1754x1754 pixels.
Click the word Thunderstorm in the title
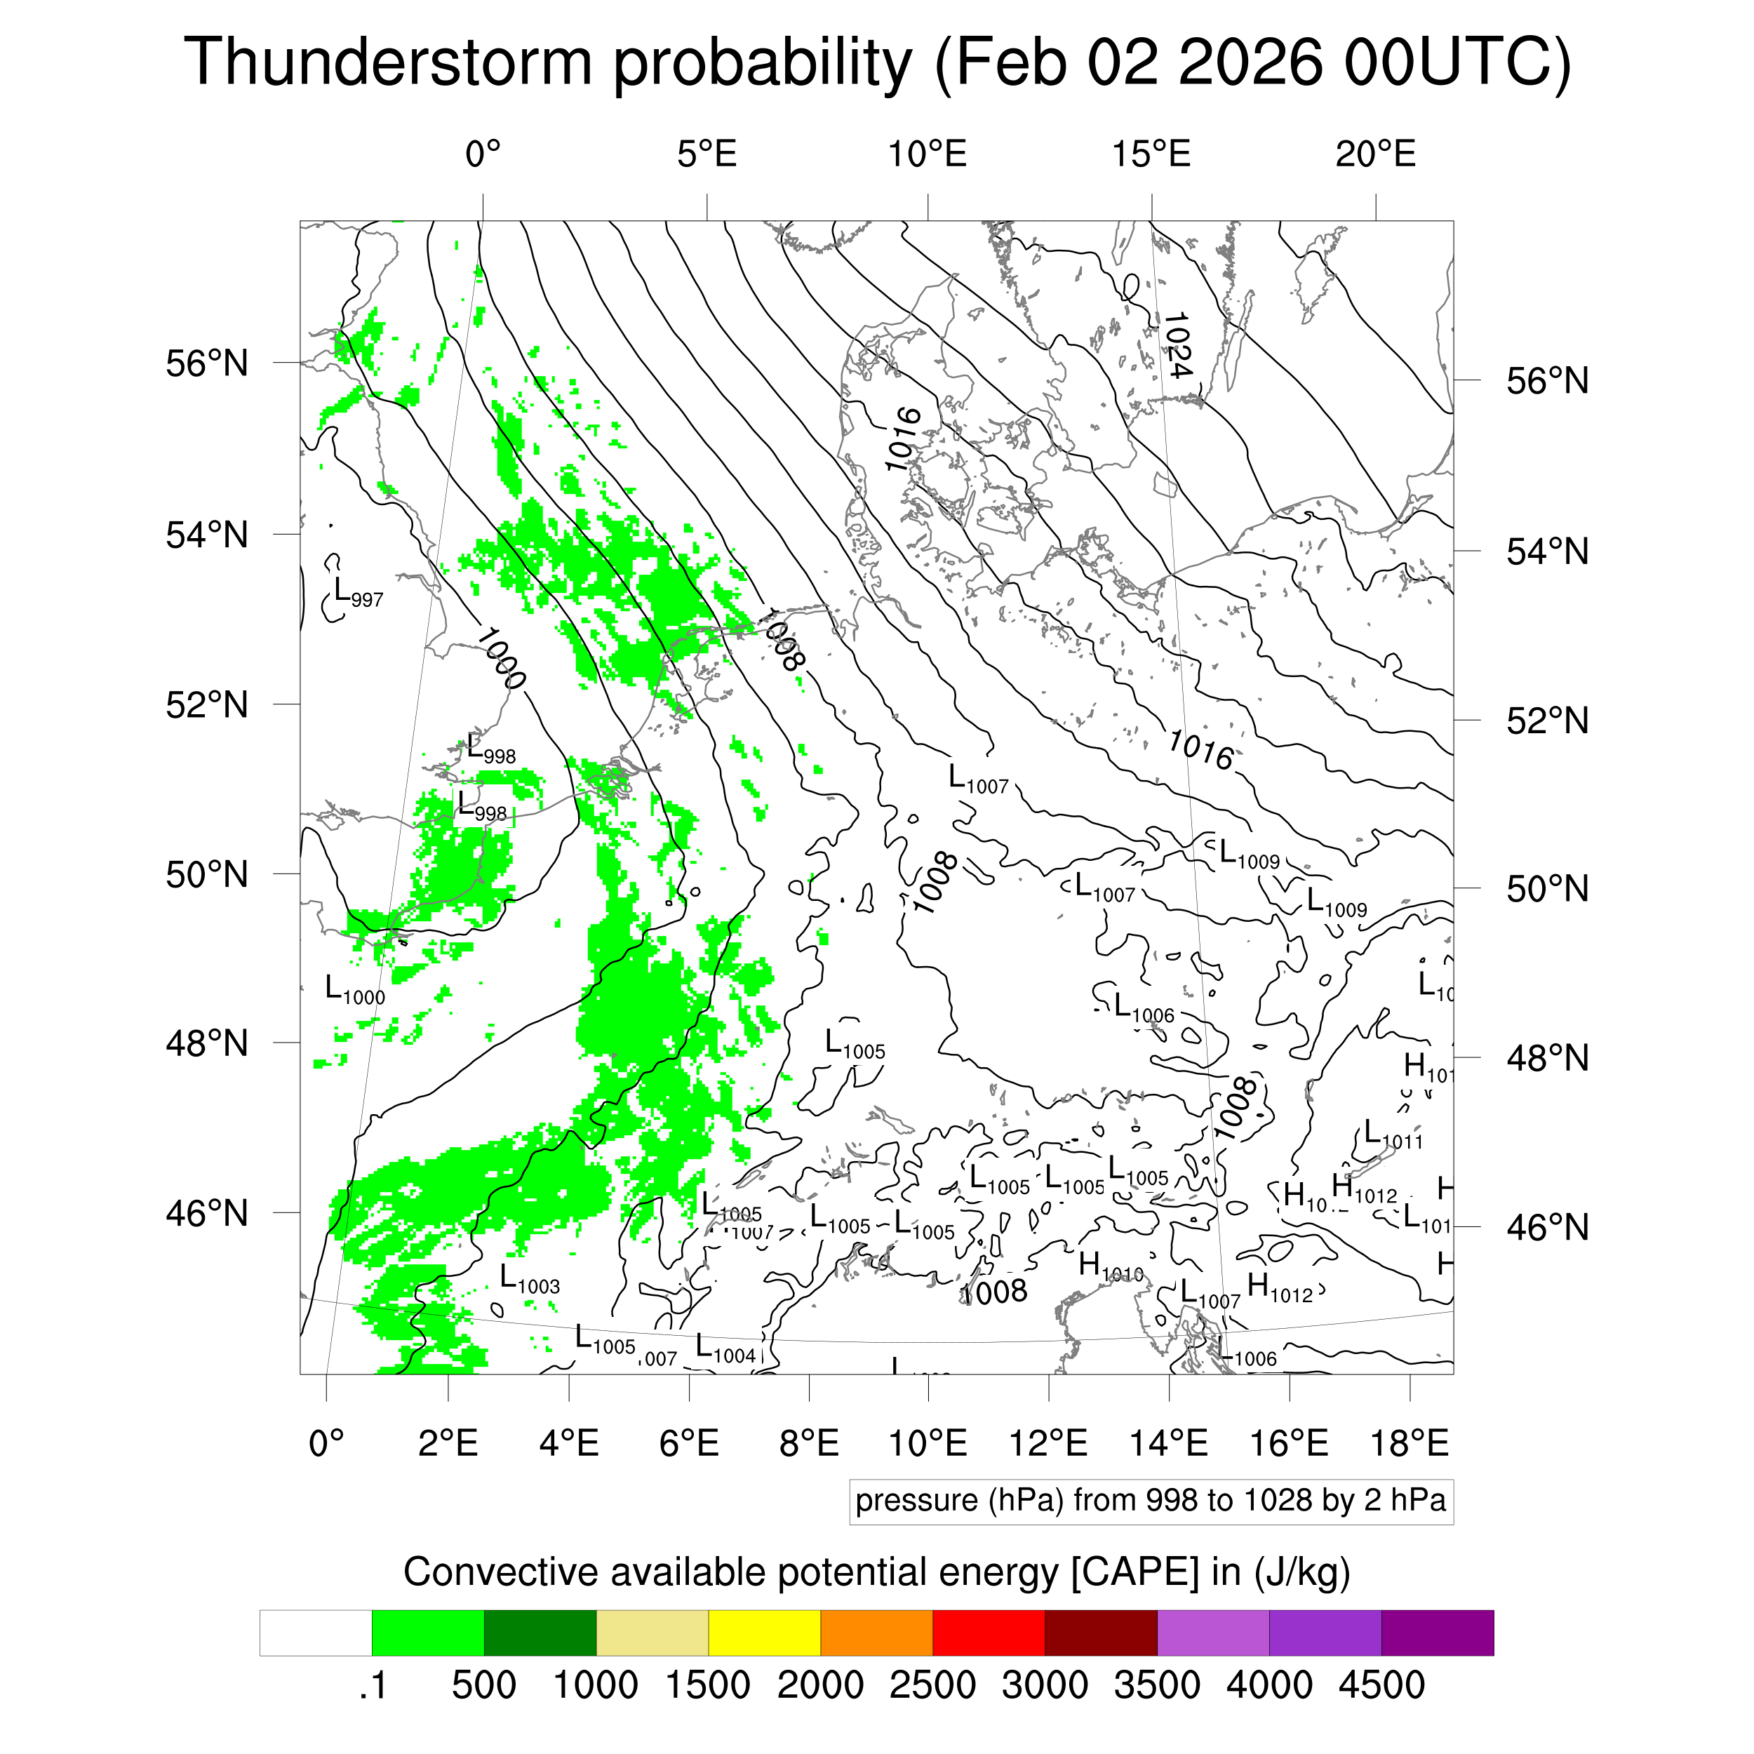pyautogui.click(x=388, y=62)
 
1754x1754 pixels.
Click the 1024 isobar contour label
pyautogui.click(x=1177, y=345)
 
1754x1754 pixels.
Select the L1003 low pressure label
pyautogui.click(x=529, y=1280)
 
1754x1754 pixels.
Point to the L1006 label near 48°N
pyautogui.click(x=1144, y=1010)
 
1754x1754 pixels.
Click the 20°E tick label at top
pyautogui.click(x=1374, y=154)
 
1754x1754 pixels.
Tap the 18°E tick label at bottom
pyautogui.click(x=1409, y=1442)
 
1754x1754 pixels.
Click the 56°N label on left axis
pyautogui.click(x=207, y=364)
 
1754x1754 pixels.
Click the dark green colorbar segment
pyautogui.click(x=540, y=1633)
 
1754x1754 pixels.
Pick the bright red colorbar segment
pyautogui.click(x=988, y=1633)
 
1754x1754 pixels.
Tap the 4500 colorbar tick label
pyautogui.click(x=1381, y=1685)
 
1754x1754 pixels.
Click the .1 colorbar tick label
pyautogui.click(x=373, y=1685)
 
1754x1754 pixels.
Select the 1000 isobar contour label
pyautogui.click(x=500, y=658)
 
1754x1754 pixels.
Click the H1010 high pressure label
pyautogui.click(x=1109, y=1266)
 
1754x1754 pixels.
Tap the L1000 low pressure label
pyautogui.click(x=355, y=989)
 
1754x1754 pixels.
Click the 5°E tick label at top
pyautogui.click(x=707, y=154)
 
